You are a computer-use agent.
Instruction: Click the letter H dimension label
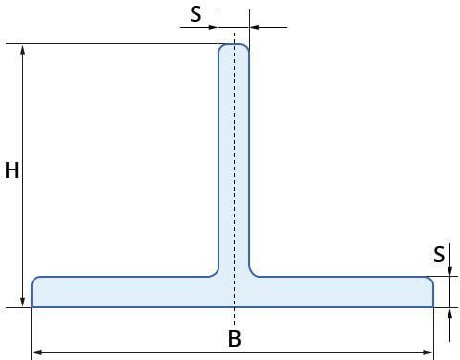pyautogui.click(x=12, y=170)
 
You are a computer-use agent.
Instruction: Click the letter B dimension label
pyautogui.click(x=235, y=339)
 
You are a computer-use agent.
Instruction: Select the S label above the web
pyautogui.click(x=195, y=14)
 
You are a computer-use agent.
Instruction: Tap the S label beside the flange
pyautogui.click(x=439, y=255)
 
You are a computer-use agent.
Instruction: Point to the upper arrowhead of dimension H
pyautogui.click(x=23, y=50)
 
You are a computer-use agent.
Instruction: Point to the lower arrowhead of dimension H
pyautogui.click(x=23, y=302)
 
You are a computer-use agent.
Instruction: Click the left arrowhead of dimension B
pyautogui.click(x=37, y=352)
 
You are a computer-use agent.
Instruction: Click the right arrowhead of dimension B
pyautogui.click(x=427, y=352)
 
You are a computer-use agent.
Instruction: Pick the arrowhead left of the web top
pyautogui.click(x=213, y=27)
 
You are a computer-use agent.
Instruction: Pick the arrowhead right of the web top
pyautogui.click(x=255, y=27)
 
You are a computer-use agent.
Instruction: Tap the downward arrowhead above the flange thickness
pyautogui.click(x=449, y=271)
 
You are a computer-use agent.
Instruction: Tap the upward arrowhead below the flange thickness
pyautogui.click(x=449, y=313)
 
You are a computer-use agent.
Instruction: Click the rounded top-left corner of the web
pyautogui.click(x=220, y=46)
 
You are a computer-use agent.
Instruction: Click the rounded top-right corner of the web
pyautogui.click(x=246, y=46)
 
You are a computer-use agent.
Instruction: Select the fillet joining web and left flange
pyautogui.click(x=216, y=274)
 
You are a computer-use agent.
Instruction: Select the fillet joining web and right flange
pyautogui.click(x=252, y=274)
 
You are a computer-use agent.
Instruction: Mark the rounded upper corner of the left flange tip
pyautogui.click(x=34, y=279)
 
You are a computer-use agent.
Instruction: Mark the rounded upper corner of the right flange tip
pyautogui.click(x=431, y=279)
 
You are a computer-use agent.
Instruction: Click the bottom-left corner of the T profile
pyautogui.click(x=32, y=307)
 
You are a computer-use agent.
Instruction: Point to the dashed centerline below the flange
pyautogui.click(x=235, y=318)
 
